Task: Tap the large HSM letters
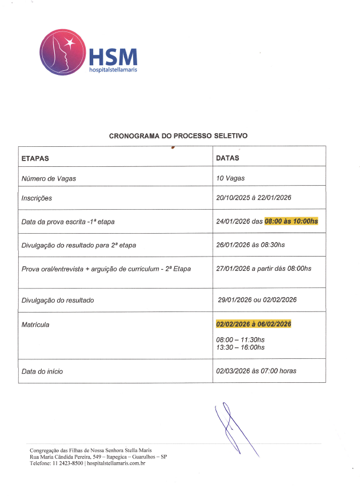click(113, 58)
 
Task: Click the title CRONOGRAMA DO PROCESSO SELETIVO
click(178, 136)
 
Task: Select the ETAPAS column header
click(35, 158)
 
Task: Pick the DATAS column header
click(227, 158)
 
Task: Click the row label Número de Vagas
click(49, 178)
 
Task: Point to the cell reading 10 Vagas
click(230, 178)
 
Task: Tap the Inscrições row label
click(37, 198)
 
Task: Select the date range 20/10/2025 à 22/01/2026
click(254, 198)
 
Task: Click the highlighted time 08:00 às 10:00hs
click(291, 221)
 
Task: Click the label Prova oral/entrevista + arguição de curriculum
click(106, 269)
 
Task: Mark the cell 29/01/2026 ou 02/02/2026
click(257, 299)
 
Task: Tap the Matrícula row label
click(35, 325)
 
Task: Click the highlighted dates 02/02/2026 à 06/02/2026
click(254, 324)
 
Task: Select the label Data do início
click(42, 371)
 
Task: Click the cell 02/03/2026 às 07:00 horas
click(256, 371)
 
